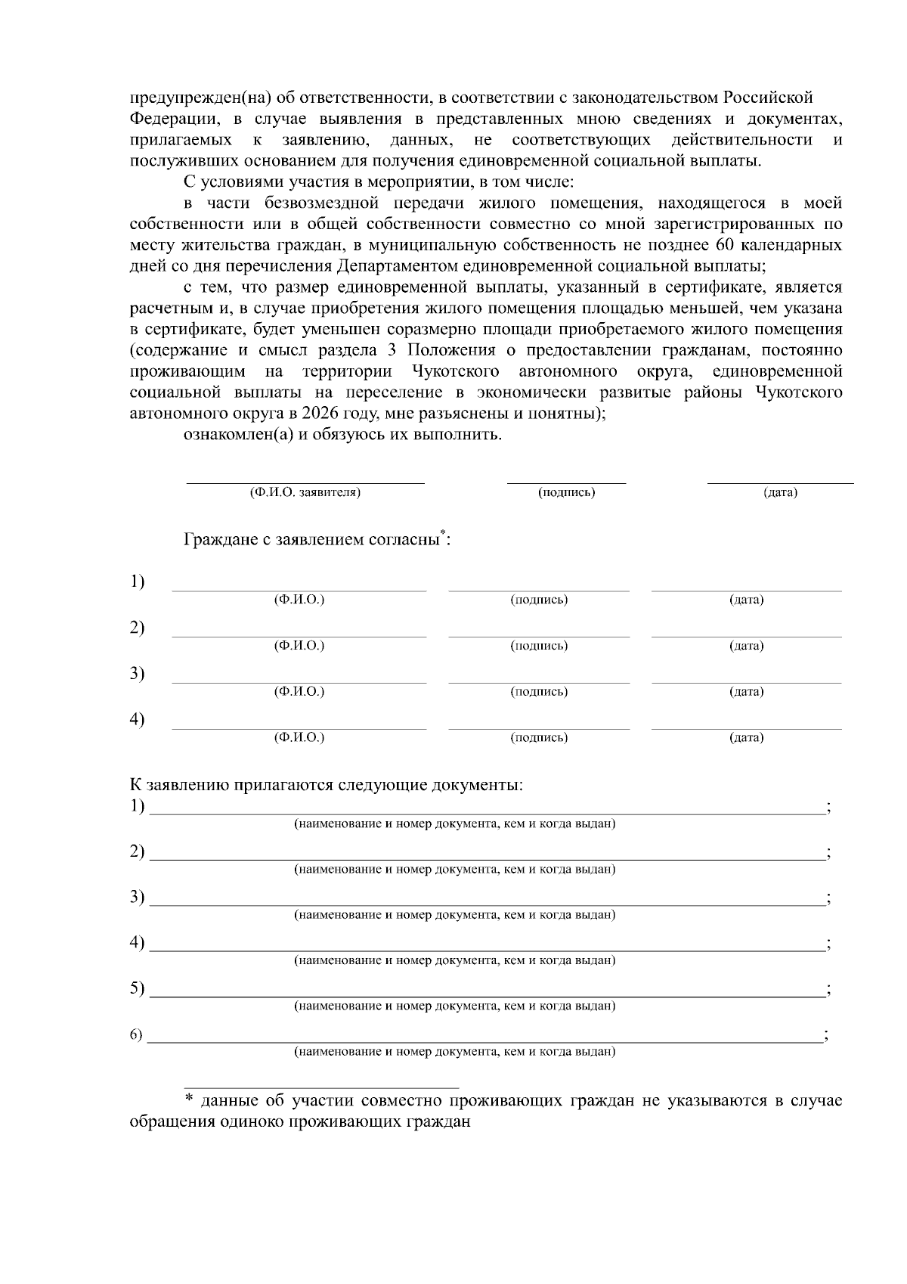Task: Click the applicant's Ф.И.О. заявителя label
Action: coord(305,493)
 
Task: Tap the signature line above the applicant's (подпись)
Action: coord(566,482)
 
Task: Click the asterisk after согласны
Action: coord(443,534)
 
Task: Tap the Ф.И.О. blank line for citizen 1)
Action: coord(299,590)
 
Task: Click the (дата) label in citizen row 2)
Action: coord(746,646)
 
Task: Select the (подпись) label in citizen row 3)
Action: coord(539,692)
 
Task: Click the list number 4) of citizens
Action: coord(137,719)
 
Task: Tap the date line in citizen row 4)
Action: coord(746,728)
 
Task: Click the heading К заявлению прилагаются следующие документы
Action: coord(327,785)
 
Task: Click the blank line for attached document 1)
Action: coord(487,814)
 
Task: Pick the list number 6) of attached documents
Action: coord(136,1035)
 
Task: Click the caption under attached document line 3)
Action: coord(454,915)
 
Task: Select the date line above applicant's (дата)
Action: coord(780,482)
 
